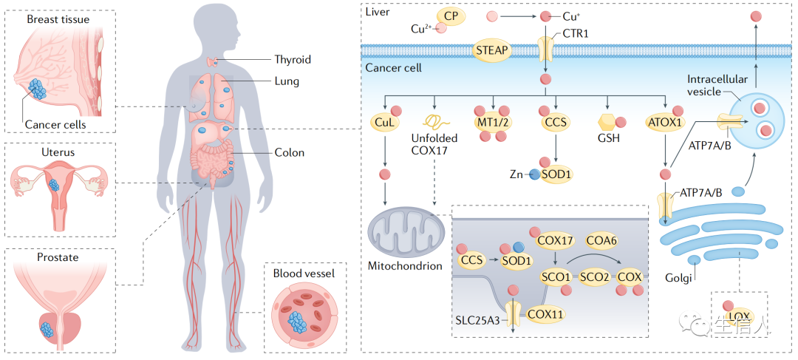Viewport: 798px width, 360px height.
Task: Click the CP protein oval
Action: (x=455, y=15)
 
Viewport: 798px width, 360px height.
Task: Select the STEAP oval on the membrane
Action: (x=491, y=50)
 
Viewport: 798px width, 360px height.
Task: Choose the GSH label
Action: (x=608, y=137)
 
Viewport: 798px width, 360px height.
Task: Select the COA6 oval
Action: (x=601, y=240)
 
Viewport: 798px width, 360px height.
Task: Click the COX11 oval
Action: (x=545, y=313)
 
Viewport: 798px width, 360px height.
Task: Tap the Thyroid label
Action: (x=293, y=59)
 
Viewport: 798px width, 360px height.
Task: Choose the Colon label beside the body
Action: (x=290, y=153)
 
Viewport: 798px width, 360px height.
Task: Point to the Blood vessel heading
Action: (x=304, y=273)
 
